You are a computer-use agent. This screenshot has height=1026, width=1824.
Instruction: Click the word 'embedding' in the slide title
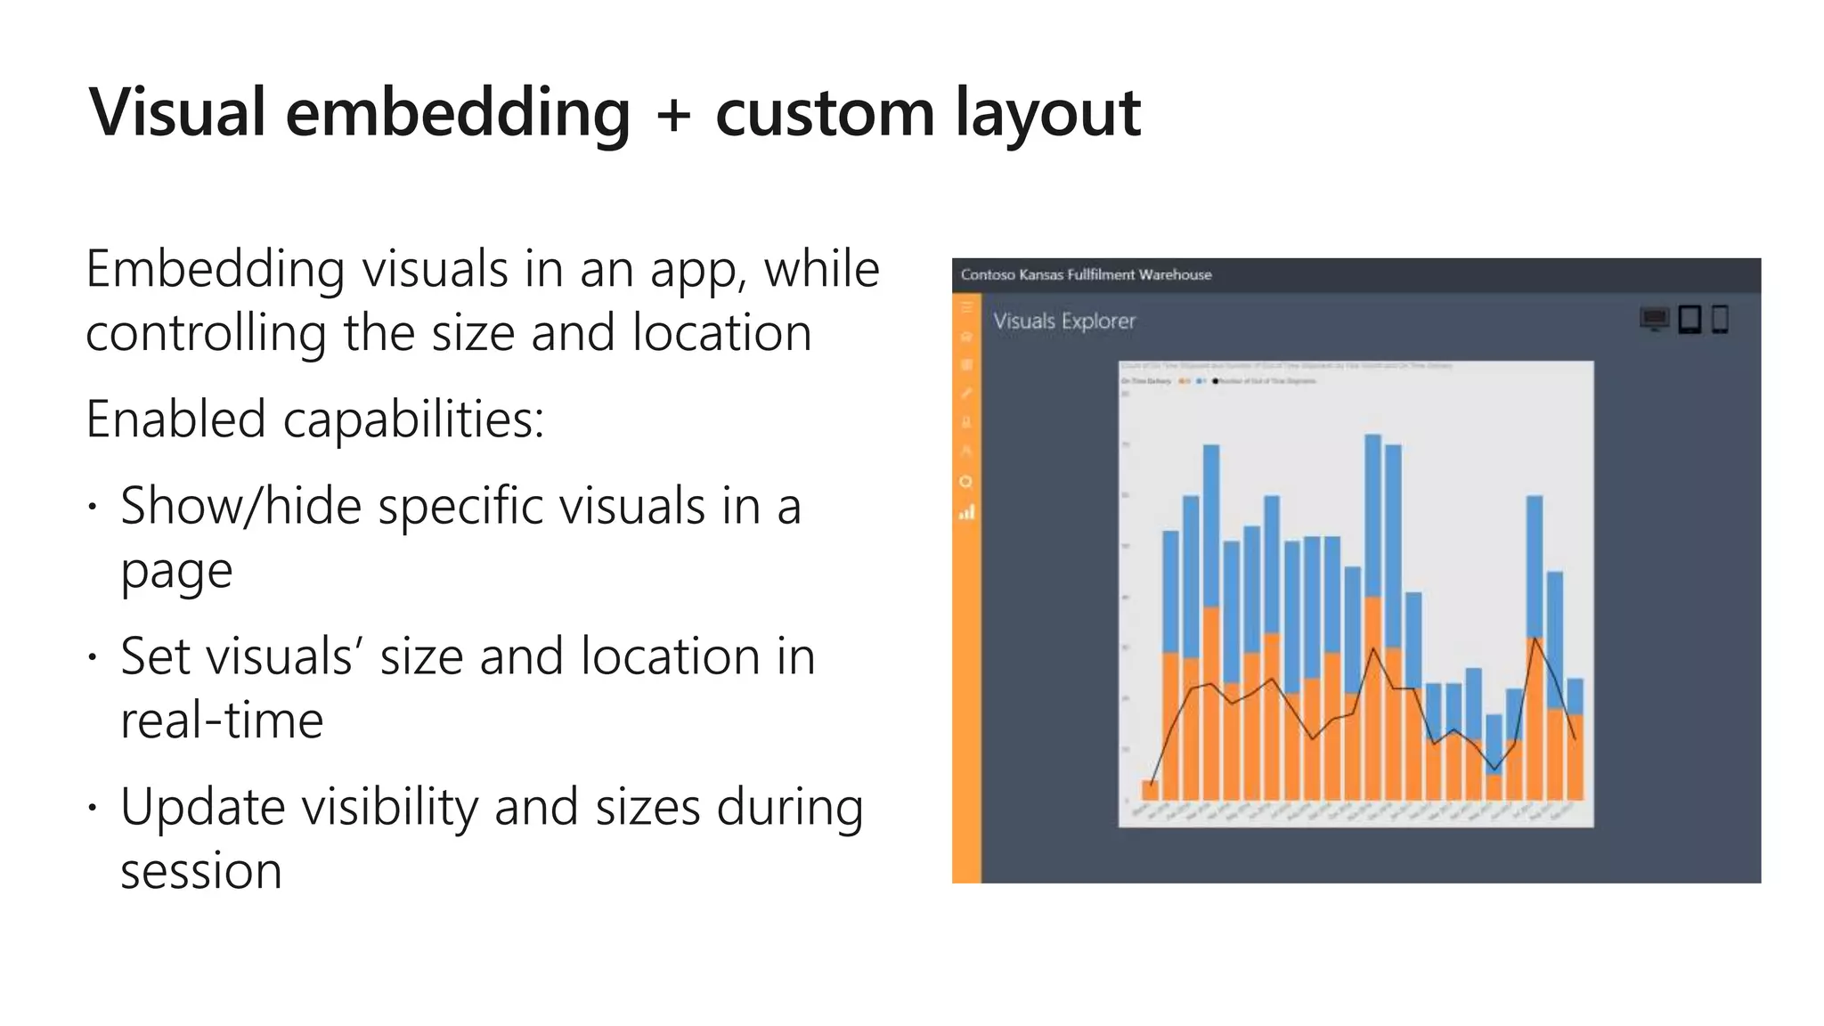(457, 113)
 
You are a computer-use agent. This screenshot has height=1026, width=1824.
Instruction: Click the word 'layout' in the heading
(1047, 113)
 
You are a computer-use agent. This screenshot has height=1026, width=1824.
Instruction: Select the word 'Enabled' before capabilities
(175, 419)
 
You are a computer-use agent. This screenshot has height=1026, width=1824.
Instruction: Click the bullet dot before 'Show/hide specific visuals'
(92, 508)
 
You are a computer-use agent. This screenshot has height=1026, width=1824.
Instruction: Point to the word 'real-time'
(222, 720)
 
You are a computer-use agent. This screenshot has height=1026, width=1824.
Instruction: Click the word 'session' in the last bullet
(201, 871)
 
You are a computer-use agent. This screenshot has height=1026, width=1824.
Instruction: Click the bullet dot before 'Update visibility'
(92, 809)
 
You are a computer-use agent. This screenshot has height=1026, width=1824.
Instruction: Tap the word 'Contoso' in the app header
(987, 274)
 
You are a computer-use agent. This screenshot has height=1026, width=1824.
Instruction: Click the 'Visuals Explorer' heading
(1064, 321)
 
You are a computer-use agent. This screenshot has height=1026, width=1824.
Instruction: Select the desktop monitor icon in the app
(1654, 319)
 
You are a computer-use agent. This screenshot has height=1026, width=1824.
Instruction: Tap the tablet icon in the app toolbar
(1690, 319)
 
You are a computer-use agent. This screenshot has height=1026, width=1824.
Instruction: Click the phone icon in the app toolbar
(1720, 319)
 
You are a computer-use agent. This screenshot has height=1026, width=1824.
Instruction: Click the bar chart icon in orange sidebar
(966, 512)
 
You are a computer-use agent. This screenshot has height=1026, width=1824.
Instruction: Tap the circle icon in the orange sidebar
(965, 482)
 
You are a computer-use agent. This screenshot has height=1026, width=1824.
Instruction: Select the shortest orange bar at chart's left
(1150, 790)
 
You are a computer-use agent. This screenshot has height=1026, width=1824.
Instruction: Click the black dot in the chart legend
(1216, 381)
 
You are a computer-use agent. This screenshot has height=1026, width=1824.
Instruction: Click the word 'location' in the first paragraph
(721, 333)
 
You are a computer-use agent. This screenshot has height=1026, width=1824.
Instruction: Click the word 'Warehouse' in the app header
(1175, 274)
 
